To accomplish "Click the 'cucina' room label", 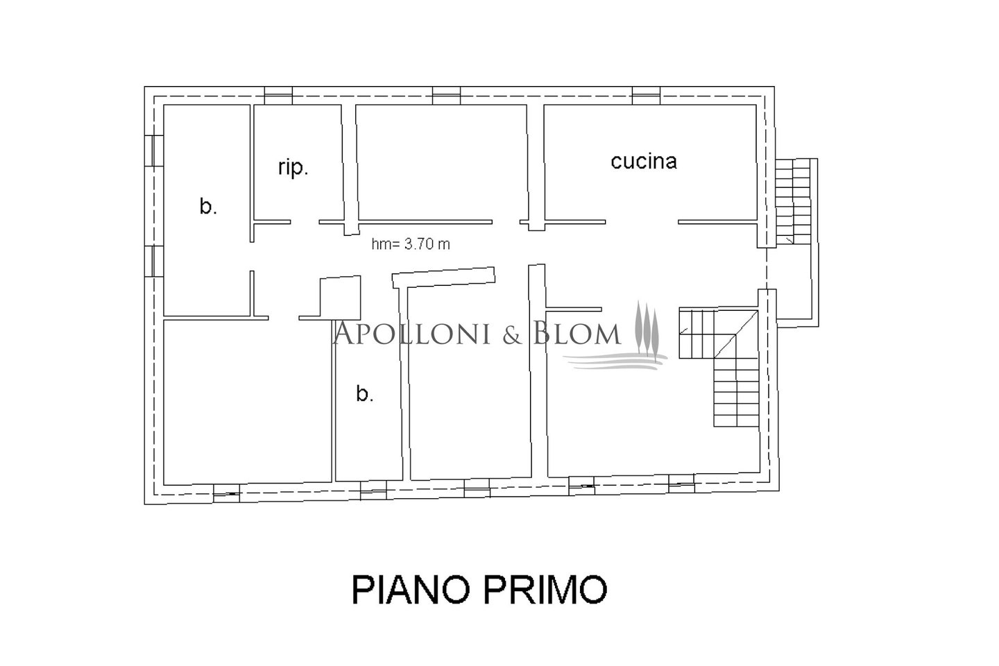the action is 644,161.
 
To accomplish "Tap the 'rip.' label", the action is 293,168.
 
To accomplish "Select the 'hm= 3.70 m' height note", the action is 411,244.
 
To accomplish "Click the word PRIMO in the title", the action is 545,589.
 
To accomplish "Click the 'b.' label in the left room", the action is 208,207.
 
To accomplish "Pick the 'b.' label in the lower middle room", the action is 365,394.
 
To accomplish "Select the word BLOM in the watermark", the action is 577,333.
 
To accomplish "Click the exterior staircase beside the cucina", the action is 792,201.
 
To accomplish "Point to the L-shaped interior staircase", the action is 719,367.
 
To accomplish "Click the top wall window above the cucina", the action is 646,96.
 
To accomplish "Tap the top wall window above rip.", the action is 278,96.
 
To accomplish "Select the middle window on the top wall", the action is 447,96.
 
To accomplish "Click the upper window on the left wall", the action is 154,151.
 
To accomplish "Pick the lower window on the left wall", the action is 154,261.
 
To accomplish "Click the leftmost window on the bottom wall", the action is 226,493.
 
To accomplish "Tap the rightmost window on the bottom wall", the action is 681,483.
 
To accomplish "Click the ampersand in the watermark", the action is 513,334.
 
